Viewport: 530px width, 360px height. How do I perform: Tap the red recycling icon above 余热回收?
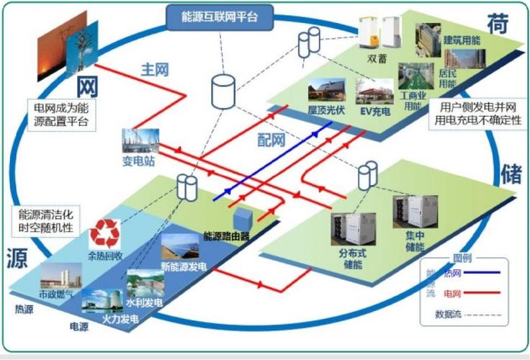(x=104, y=233)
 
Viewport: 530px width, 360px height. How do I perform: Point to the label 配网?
(x=271, y=139)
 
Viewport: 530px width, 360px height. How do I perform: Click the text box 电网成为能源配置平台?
(x=61, y=114)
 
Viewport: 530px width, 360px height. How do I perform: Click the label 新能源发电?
(x=184, y=267)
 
